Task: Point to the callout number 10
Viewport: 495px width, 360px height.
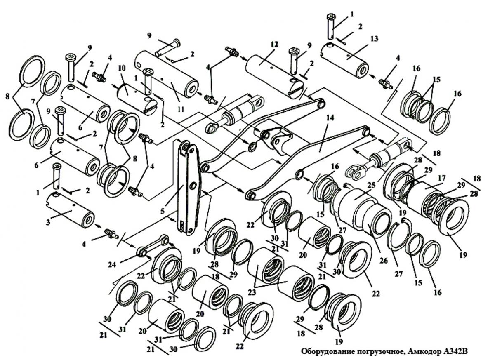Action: (x=122, y=68)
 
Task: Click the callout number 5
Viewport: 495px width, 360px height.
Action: (x=163, y=212)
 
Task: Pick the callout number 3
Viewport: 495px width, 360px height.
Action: (x=48, y=222)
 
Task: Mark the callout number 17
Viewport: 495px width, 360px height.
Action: (x=442, y=178)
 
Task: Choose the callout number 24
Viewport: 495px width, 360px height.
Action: (x=112, y=265)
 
